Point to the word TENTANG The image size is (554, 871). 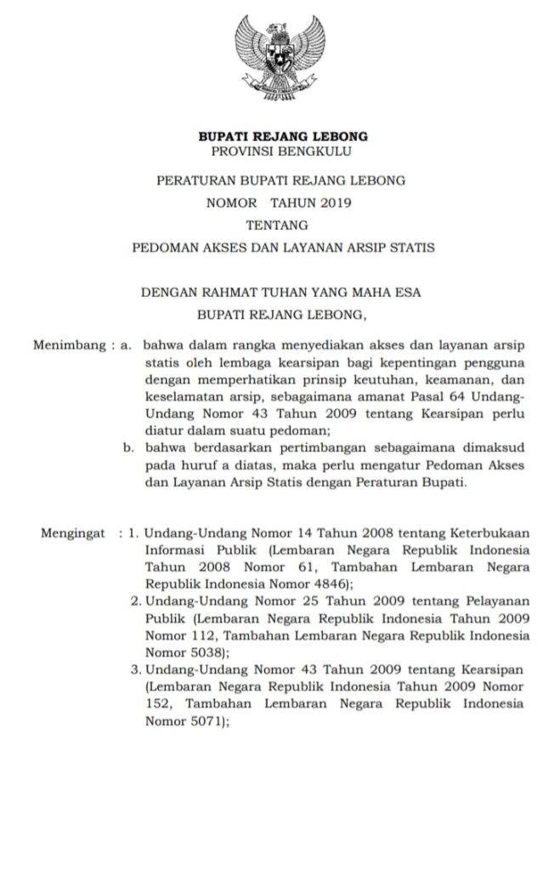(x=276, y=225)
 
